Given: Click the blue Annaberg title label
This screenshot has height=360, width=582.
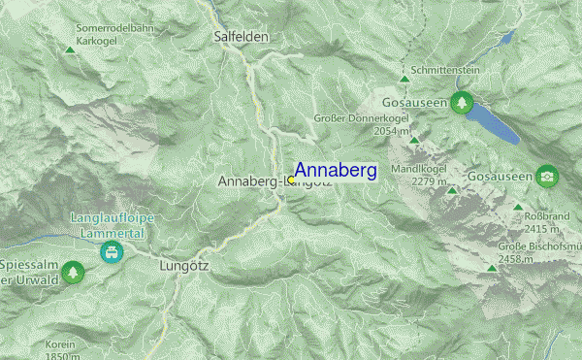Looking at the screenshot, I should tap(335, 171).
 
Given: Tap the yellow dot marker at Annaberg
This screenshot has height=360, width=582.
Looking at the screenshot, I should tap(291, 180).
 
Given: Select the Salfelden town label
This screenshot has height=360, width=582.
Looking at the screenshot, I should tap(241, 36).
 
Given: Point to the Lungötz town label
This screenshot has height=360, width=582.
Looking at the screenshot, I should tap(183, 263).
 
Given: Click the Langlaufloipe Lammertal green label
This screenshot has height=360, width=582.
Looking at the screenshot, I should tap(112, 225).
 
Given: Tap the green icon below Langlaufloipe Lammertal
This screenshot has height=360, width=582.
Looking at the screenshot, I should tap(112, 252).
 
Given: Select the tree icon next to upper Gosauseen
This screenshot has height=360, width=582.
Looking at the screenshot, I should tap(464, 100).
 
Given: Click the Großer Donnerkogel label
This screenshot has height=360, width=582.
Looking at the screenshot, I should tap(357, 118).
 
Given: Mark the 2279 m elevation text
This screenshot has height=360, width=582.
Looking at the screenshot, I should tap(429, 180).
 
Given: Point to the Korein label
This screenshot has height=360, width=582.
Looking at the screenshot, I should tap(61, 344).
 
